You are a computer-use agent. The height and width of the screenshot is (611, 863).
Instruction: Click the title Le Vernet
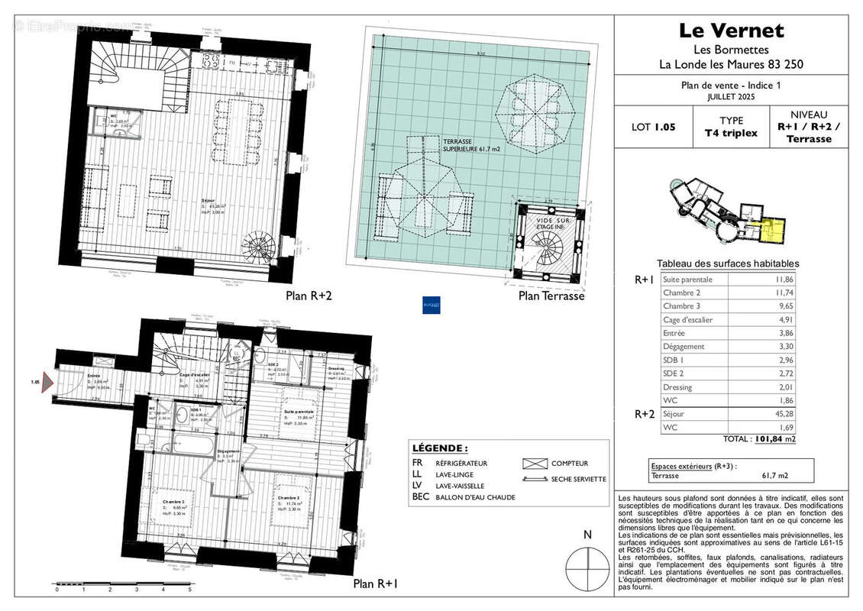pos(731,31)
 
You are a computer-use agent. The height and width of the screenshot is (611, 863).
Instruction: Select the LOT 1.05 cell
pos(654,127)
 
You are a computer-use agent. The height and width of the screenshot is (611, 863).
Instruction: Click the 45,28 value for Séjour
pos(783,414)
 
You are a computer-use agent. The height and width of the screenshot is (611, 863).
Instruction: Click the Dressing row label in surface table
pos(678,387)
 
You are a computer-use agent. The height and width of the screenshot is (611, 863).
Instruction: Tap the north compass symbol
pos(587,566)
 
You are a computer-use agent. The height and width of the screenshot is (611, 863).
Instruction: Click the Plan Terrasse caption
pos(551,296)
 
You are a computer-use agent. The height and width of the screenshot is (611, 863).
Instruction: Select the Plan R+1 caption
pos(375,584)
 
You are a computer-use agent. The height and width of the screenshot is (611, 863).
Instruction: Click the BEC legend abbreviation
pos(422,497)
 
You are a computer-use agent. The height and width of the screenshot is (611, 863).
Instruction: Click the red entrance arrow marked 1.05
pos(47,381)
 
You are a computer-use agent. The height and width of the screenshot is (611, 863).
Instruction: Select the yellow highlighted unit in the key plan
pos(774,230)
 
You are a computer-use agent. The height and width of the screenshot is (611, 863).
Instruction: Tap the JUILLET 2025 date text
pos(730,98)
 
